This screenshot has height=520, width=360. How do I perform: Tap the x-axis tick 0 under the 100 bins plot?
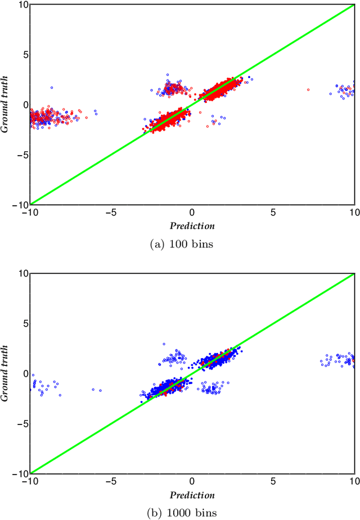(192, 213)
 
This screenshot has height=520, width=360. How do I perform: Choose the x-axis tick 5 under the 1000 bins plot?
(273, 482)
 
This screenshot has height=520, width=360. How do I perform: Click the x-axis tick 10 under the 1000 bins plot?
(353, 482)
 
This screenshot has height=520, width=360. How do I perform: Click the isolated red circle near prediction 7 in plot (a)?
(308, 89)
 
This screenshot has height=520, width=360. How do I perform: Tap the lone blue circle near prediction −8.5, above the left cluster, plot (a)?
(52, 88)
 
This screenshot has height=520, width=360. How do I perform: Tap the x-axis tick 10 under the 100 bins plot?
(353, 213)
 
